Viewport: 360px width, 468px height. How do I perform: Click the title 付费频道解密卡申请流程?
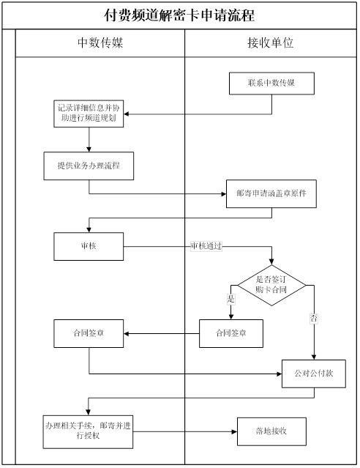click(179, 15)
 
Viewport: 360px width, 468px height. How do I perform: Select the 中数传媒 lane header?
click(100, 43)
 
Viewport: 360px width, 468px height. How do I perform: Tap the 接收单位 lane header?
click(271, 43)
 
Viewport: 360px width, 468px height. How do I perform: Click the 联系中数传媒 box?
click(271, 83)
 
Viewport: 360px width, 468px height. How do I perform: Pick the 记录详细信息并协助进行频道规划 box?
click(89, 114)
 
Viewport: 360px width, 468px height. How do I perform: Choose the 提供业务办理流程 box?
click(89, 166)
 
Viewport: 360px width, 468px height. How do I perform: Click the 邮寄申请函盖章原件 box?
click(271, 193)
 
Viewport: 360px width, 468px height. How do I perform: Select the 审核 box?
click(89, 247)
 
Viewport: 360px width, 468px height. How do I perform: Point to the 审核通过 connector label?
click(206, 246)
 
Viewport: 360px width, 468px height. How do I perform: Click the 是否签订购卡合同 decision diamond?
click(271, 286)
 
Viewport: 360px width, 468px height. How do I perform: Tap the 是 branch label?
click(230, 299)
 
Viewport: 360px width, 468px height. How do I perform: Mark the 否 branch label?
click(314, 318)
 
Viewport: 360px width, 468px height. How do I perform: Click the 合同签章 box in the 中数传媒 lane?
click(89, 333)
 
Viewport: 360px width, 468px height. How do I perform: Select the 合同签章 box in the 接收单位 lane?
click(231, 333)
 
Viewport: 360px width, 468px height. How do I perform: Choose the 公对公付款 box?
click(314, 374)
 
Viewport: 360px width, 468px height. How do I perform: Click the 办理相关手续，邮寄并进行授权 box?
click(88, 432)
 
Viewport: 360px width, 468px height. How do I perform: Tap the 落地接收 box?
click(271, 431)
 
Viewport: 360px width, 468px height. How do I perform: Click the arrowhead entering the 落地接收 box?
click(234, 431)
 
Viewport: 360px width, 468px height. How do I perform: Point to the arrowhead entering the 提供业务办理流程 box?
click(89, 149)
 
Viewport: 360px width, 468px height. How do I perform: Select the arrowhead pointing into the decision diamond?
click(271, 261)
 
